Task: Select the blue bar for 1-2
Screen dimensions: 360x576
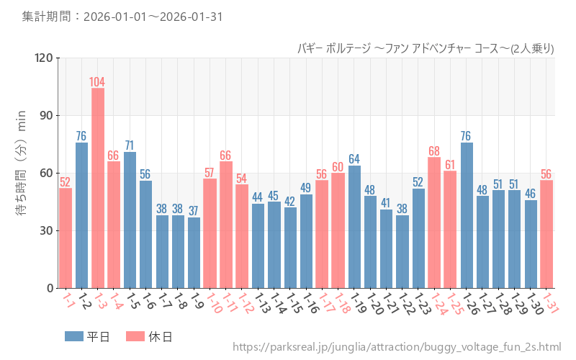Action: (x=81, y=215)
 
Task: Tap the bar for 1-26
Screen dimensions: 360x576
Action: (x=467, y=215)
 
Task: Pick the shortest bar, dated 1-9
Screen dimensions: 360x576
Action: (x=194, y=253)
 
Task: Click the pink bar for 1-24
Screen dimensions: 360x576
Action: (x=434, y=222)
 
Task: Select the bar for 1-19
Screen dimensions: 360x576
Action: (x=354, y=227)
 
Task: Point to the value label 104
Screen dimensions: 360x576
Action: (x=97, y=81)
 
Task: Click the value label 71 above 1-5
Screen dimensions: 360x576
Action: (x=130, y=145)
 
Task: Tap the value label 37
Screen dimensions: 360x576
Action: (x=194, y=210)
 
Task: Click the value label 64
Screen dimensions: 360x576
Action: (x=354, y=158)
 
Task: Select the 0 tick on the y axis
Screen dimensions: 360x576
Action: (x=50, y=288)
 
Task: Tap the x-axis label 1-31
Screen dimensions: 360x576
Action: (x=551, y=303)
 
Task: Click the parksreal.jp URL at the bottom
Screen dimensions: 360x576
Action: (x=397, y=348)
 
